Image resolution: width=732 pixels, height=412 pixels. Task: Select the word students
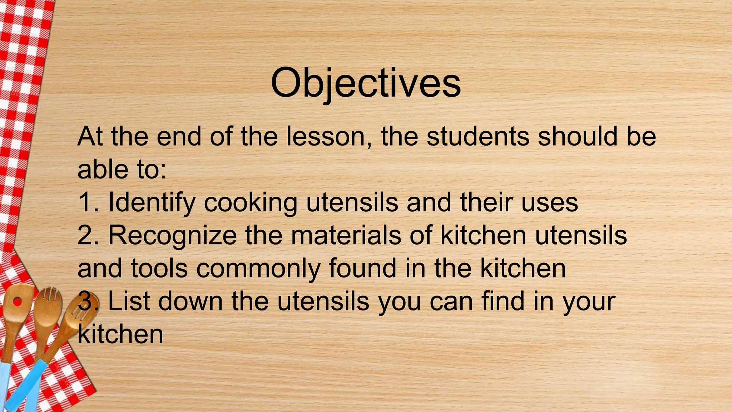point(478,137)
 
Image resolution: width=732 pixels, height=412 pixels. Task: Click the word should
point(578,137)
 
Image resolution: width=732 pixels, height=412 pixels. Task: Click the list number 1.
point(86,202)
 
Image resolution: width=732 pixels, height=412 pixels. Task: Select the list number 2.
point(87,235)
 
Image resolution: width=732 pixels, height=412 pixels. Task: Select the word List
point(129,301)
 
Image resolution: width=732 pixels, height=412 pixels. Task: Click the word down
point(191,301)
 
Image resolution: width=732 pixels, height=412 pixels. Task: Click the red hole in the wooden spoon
point(17,302)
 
